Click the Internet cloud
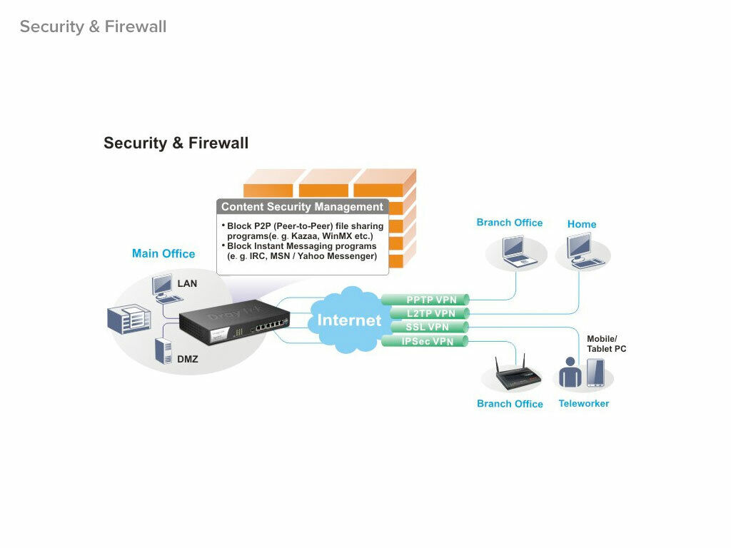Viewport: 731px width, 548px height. tap(349, 320)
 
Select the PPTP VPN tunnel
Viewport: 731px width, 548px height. tap(425, 300)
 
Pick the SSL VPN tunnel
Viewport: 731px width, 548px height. tap(425, 327)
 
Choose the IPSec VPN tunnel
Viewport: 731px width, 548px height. tap(425, 341)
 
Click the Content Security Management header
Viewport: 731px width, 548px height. tap(302, 207)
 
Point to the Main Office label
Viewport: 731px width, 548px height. tap(163, 253)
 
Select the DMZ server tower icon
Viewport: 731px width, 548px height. tap(162, 352)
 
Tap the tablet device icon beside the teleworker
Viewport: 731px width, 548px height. tap(595, 373)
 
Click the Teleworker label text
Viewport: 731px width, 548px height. tap(583, 403)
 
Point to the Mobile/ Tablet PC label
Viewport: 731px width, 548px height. tap(606, 343)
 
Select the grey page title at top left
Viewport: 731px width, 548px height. tap(93, 26)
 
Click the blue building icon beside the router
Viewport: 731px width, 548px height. tap(129, 318)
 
